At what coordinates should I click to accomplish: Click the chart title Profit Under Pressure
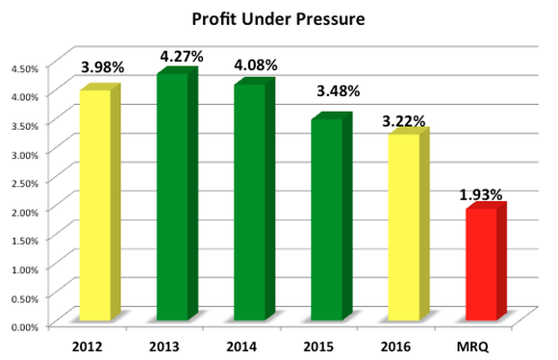tap(280, 19)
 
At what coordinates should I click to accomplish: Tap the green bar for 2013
tap(173, 196)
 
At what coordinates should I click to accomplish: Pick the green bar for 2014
tap(250, 202)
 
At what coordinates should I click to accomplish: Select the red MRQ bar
tap(481, 264)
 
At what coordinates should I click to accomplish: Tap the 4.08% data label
tap(255, 65)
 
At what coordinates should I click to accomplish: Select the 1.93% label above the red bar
tap(480, 195)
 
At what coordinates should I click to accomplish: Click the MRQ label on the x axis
tap(478, 343)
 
